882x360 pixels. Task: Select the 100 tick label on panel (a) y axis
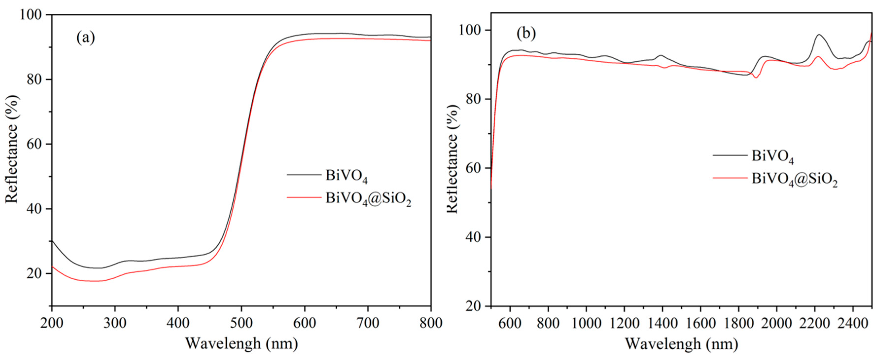pos(31,15)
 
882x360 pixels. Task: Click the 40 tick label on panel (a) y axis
pos(34,209)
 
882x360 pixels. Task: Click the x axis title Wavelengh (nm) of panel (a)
pos(242,343)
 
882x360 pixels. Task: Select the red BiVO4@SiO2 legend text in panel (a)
pos(368,199)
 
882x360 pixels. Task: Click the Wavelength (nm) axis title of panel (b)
pos(681,343)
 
